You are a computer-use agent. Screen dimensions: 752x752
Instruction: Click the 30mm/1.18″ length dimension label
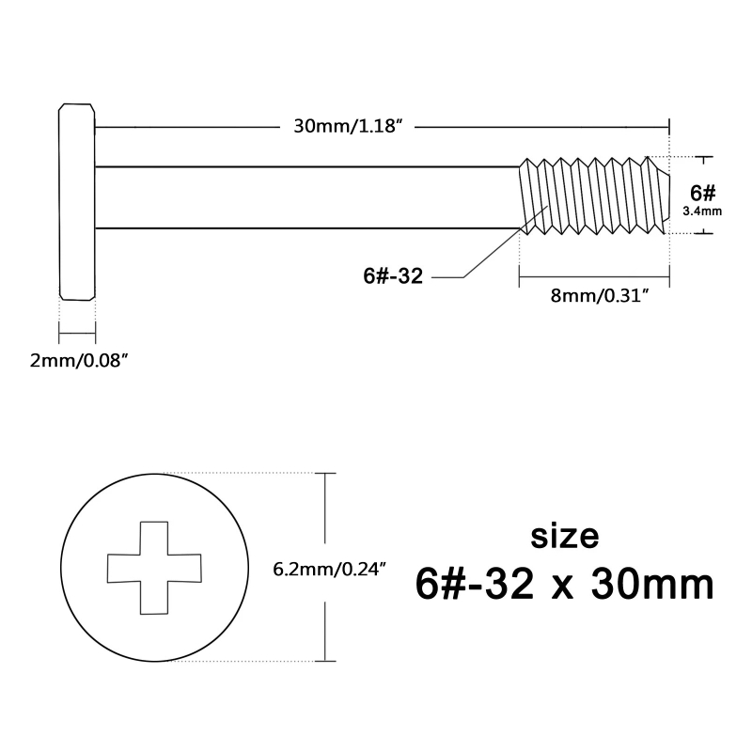point(348,127)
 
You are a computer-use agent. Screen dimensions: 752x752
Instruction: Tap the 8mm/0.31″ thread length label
point(603,296)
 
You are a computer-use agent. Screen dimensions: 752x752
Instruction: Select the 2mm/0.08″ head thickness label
point(80,360)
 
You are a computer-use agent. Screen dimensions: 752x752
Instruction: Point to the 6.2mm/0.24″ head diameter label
point(330,570)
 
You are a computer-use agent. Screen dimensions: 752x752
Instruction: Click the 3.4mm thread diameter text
point(702,211)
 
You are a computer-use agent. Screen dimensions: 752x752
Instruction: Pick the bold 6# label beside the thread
point(702,193)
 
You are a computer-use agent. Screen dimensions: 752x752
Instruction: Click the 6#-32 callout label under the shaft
point(393,276)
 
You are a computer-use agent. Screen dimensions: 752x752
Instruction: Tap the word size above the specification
point(565,537)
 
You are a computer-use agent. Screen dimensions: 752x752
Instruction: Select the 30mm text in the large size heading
point(652,585)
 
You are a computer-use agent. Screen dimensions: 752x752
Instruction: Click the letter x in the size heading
point(562,588)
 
